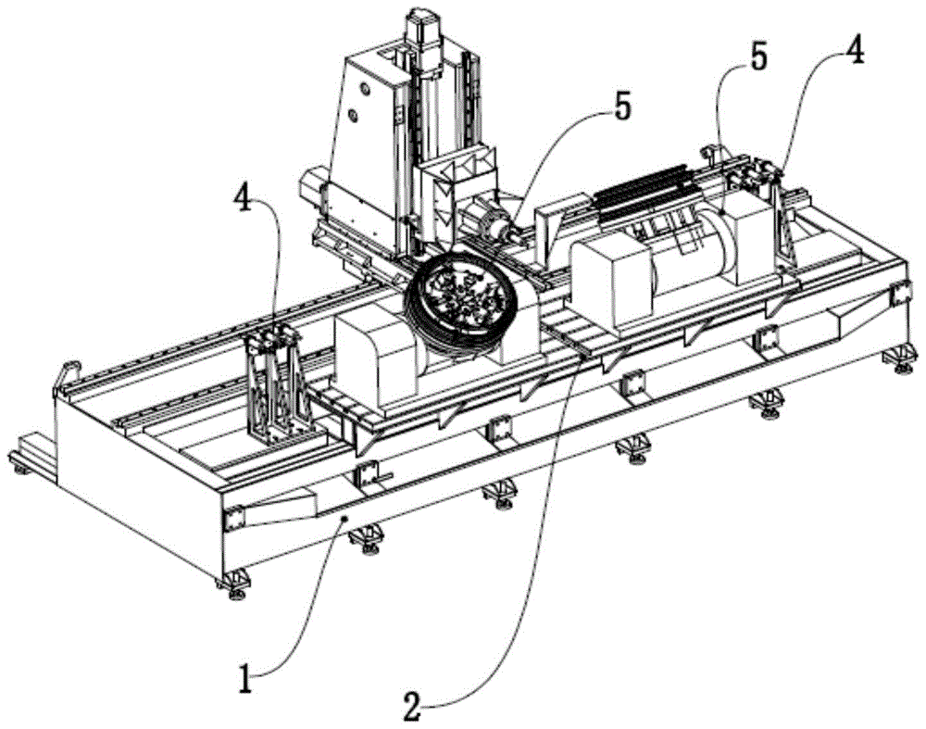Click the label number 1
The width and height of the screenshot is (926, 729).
pyautogui.click(x=247, y=678)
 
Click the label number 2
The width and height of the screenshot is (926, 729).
pyautogui.click(x=413, y=704)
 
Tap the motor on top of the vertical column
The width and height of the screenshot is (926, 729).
pyautogui.click(x=423, y=37)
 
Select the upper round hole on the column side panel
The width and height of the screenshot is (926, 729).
pyautogui.click(x=364, y=89)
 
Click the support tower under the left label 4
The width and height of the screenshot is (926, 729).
pyautogui.click(x=276, y=387)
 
